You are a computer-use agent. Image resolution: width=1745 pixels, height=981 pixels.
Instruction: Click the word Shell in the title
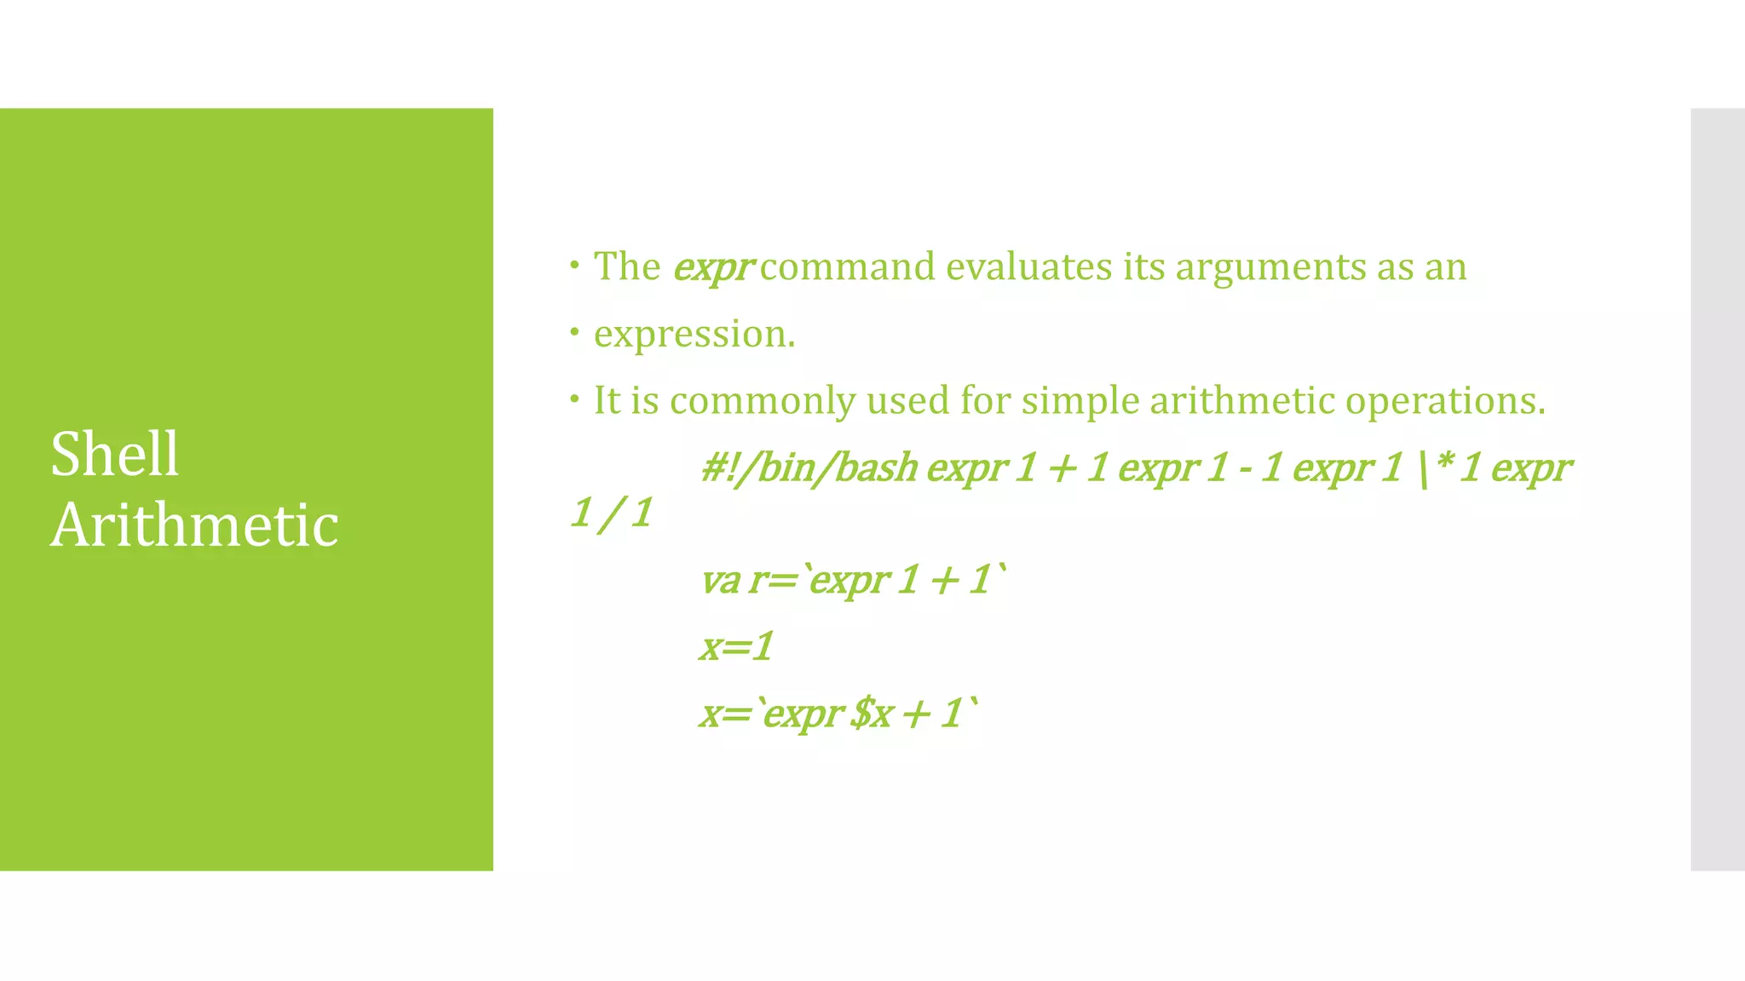tap(114, 454)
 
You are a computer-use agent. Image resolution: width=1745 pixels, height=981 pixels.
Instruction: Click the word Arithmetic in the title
tap(194, 525)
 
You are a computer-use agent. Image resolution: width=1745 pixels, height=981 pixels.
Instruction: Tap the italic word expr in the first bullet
tap(712, 267)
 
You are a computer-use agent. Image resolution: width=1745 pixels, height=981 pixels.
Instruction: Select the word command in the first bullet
tap(847, 267)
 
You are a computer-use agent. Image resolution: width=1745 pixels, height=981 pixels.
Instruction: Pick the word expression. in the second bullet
tap(694, 335)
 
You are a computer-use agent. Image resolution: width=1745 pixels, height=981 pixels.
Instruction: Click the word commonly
tap(763, 401)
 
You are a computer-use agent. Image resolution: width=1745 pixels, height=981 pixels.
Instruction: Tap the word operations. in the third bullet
tap(1445, 401)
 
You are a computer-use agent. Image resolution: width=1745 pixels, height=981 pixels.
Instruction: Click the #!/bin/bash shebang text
tap(809, 468)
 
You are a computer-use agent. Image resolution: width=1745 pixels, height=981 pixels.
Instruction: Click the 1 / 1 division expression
tap(612, 513)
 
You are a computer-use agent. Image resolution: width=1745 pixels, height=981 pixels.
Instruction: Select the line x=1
tap(736, 646)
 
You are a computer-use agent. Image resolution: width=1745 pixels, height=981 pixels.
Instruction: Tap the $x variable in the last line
tap(872, 714)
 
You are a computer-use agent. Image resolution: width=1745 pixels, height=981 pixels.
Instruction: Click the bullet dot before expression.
tap(575, 331)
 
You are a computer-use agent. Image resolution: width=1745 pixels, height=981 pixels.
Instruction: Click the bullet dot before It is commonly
tap(575, 398)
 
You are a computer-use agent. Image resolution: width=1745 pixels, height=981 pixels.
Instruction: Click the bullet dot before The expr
tap(575, 265)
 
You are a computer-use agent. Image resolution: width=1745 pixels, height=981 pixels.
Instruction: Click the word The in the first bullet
tap(627, 267)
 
